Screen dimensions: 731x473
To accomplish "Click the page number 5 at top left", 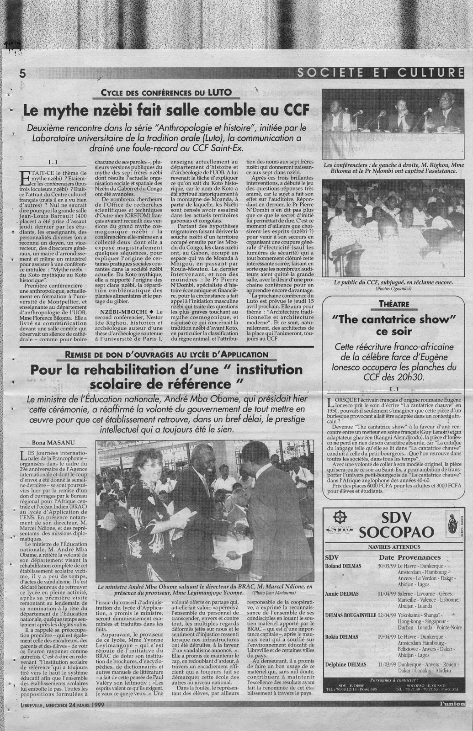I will click(20, 74).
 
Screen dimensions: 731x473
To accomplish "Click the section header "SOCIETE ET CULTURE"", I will click(377, 72).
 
